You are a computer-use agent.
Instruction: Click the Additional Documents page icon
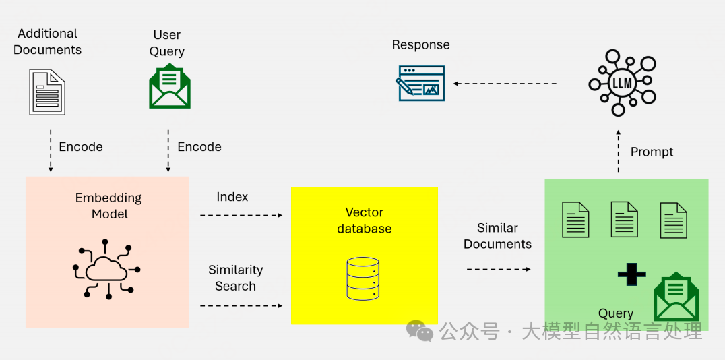pyautogui.click(x=47, y=92)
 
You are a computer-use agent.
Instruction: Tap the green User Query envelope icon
pyautogui.click(x=169, y=86)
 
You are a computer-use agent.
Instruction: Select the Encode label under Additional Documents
pyautogui.click(x=81, y=147)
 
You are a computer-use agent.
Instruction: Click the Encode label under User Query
pyautogui.click(x=199, y=147)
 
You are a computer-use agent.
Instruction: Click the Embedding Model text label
pyautogui.click(x=108, y=206)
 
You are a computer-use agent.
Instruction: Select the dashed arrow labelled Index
pyautogui.click(x=241, y=215)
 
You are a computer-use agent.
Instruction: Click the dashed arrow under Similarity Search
pyautogui.click(x=241, y=305)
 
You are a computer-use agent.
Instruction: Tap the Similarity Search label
pyautogui.click(x=235, y=278)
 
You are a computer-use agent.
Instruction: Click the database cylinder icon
pyautogui.click(x=362, y=277)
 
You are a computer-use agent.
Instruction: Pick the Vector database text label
pyautogui.click(x=364, y=220)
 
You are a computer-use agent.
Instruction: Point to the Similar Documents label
pyautogui.click(x=497, y=236)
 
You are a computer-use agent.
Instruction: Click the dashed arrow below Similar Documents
pyautogui.click(x=499, y=269)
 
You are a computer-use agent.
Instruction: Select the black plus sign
pyautogui.click(x=631, y=274)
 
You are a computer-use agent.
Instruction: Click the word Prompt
pyautogui.click(x=652, y=152)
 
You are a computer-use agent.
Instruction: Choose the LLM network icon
pyautogui.click(x=621, y=83)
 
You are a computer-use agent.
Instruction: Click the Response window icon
pyautogui.click(x=421, y=83)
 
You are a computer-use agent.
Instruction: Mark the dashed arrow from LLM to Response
pyautogui.click(x=505, y=84)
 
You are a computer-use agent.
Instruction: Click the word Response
pyautogui.click(x=420, y=45)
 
